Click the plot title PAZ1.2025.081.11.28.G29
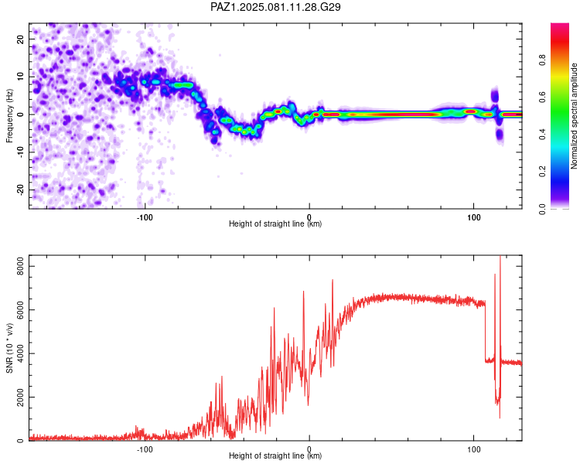[x=275, y=7]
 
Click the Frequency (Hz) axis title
[x=9, y=116]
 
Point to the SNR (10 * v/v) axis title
[x=9, y=348]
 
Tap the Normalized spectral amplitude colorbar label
[x=574, y=116]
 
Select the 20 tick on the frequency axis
[x=21, y=39]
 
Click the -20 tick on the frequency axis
[x=21, y=189]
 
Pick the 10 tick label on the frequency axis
[x=21, y=77]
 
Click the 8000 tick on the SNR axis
[x=21, y=266]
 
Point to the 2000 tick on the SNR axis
[x=21, y=397]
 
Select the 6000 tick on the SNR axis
[x=21, y=309]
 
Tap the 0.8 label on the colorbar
[x=542, y=60]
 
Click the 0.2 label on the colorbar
[x=542, y=172]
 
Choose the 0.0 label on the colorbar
[x=542, y=209]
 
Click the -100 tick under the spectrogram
[x=145, y=217]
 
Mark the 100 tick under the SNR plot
[x=474, y=449]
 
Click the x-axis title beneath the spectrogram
[x=275, y=223]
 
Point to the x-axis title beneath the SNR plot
[x=275, y=455]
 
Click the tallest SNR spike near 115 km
[x=500, y=257]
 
